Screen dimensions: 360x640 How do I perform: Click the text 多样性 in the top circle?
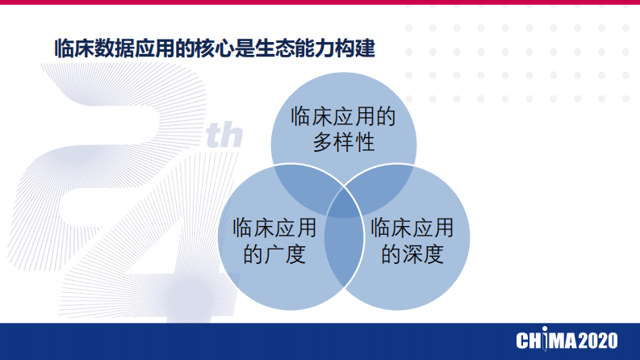343,143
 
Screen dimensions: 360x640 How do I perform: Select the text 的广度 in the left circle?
274,254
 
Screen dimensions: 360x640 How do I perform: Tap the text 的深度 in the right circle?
412,254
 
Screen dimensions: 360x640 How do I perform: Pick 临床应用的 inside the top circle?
343,116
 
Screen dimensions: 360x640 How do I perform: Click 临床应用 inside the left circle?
274,228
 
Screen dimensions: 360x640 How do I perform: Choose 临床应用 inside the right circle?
412,228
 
